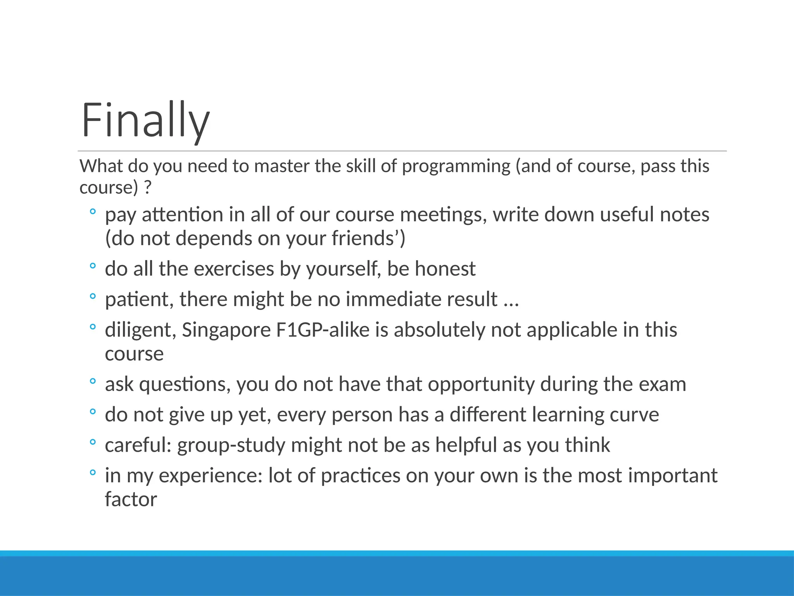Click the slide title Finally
point(145,120)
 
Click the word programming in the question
point(456,166)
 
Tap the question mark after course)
point(147,188)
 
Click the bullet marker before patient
point(92,297)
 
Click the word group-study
point(231,445)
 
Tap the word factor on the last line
point(131,499)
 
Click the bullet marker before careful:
point(92,442)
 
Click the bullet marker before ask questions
point(92,381)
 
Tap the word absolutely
point(439,330)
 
